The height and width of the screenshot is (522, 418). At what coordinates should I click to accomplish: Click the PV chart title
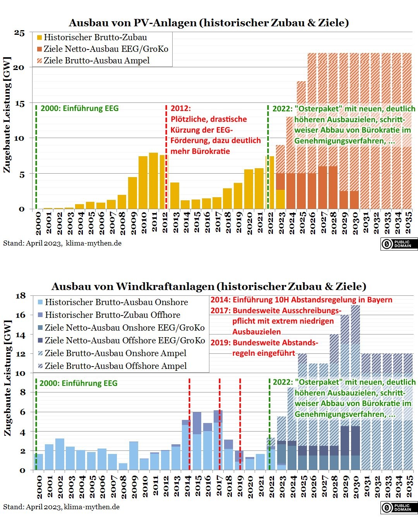point(209,22)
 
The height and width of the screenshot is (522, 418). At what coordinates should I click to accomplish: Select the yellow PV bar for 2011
point(154,181)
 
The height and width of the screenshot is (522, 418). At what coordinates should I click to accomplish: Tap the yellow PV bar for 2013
point(175,196)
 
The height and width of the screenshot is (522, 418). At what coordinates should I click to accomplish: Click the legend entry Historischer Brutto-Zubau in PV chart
point(92,38)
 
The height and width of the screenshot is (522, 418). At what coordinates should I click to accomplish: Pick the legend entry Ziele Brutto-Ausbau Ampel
point(94,60)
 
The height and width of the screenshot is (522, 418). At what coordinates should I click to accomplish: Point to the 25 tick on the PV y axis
point(19,32)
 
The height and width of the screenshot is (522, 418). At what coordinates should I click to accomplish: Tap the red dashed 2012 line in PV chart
point(166,157)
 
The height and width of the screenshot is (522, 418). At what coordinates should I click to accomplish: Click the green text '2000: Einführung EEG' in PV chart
point(79,108)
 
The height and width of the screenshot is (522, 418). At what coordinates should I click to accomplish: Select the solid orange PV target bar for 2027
point(322,188)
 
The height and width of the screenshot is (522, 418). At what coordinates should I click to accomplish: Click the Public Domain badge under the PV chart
point(399,244)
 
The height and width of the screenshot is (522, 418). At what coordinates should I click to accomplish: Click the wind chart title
point(209,286)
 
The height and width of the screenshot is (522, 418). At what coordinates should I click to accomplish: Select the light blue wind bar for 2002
point(60,454)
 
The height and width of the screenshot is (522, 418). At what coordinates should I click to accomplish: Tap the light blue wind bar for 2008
point(123,466)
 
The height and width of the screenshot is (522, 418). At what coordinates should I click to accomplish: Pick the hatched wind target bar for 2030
point(356,387)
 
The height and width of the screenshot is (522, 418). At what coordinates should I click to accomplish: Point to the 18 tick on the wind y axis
point(21,296)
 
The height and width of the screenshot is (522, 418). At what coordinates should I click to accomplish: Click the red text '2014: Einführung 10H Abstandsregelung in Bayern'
point(302,300)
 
